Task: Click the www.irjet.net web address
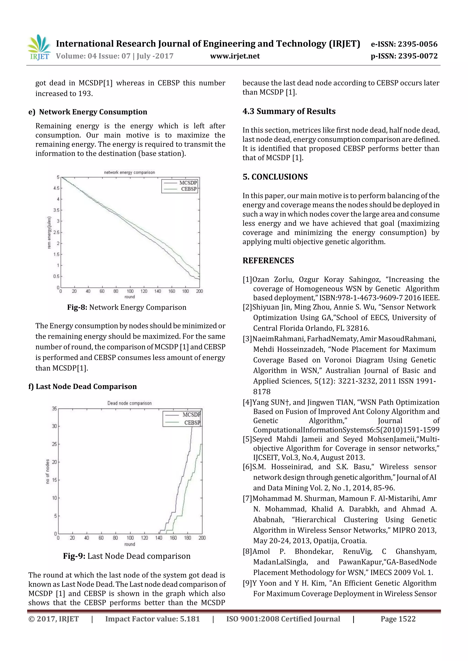click(235, 56)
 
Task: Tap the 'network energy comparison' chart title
click(130, 172)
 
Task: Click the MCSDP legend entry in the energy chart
click(188, 183)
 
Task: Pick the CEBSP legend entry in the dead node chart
click(192, 422)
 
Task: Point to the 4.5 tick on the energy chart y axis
click(56, 188)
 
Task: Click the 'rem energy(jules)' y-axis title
click(49, 233)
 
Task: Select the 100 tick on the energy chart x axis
click(130, 291)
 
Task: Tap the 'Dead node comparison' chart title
click(130, 403)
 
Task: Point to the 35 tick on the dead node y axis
click(54, 408)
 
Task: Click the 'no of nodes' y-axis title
click(48, 471)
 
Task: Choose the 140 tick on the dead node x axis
click(159, 538)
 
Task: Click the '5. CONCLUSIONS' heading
click(275, 177)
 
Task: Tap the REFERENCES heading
click(268, 261)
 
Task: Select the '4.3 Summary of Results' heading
click(289, 111)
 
